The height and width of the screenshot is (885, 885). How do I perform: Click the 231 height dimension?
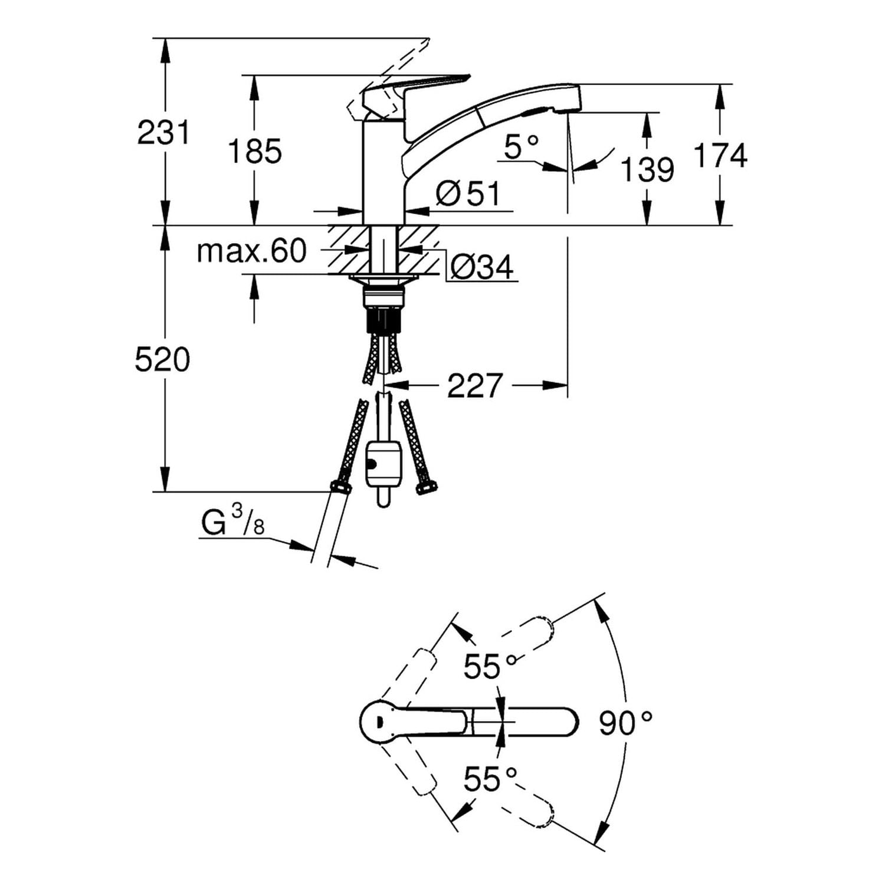pos(163,133)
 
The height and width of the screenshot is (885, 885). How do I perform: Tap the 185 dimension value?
pos(255,152)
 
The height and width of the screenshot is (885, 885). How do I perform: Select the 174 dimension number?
pos(720,156)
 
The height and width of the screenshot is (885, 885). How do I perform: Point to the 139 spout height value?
pos(647,170)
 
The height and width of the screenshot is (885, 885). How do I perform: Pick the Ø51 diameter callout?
pos(468,194)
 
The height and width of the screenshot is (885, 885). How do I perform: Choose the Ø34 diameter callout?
pos(481,268)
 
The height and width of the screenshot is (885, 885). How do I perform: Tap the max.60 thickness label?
pos(252,251)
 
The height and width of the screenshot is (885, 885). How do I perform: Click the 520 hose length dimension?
pos(162,359)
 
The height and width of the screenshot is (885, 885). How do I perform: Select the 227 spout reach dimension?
pos(474,386)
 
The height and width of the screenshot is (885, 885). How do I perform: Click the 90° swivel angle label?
pos(625,723)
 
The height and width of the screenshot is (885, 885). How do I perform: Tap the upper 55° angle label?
pos(490,667)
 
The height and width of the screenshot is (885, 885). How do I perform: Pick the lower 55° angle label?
pos(490,779)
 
